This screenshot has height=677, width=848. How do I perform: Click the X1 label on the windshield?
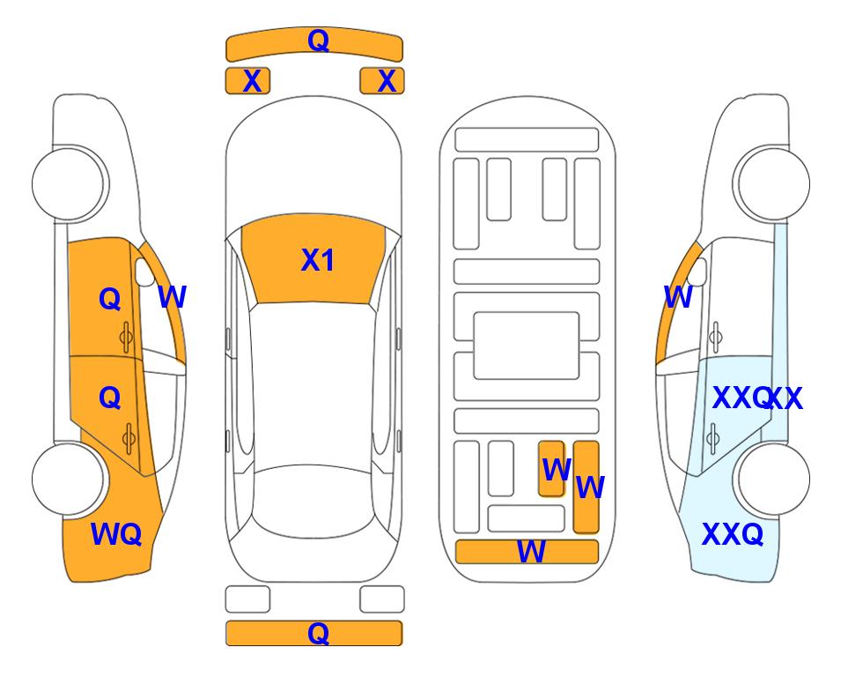click(318, 260)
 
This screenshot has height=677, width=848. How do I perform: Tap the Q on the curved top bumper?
click(318, 41)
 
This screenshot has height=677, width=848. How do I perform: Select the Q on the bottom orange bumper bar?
click(318, 633)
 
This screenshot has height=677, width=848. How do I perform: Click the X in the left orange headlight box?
click(252, 81)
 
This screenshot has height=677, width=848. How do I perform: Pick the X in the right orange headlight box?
click(387, 81)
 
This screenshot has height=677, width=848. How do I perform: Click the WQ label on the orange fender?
click(115, 534)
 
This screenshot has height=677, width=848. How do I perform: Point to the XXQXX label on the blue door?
click(757, 398)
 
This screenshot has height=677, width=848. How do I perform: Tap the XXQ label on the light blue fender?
click(733, 534)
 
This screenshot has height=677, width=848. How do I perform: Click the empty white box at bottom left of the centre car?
click(247, 599)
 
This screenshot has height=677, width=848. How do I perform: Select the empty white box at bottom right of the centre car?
click(382, 599)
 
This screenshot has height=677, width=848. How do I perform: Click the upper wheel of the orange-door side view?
click(68, 183)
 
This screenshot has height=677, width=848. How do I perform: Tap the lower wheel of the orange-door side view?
click(68, 479)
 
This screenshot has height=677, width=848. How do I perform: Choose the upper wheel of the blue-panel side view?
click(773, 183)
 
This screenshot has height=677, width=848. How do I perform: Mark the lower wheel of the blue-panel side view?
click(773, 479)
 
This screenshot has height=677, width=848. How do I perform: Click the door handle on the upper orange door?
click(126, 338)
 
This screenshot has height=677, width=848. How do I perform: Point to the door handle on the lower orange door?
click(129, 438)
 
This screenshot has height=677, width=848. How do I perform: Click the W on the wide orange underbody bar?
click(531, 552)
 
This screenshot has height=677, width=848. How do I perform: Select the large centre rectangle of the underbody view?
click(527, 346)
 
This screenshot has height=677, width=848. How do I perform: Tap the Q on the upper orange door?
click(110, 299)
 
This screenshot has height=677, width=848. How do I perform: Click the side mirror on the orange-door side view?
click(144, 272)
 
